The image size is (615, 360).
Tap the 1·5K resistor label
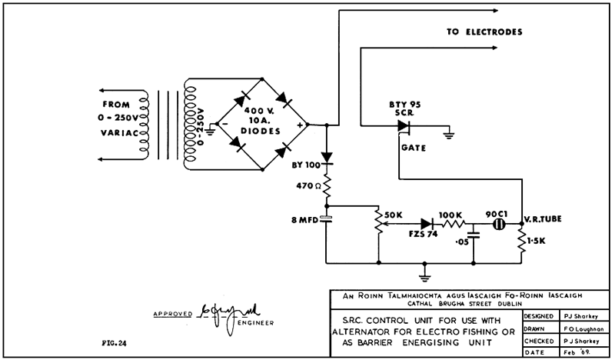pyautogui.click(x=539, y=242)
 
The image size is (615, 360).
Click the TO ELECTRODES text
pyautogui.click(x=484, y=33)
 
